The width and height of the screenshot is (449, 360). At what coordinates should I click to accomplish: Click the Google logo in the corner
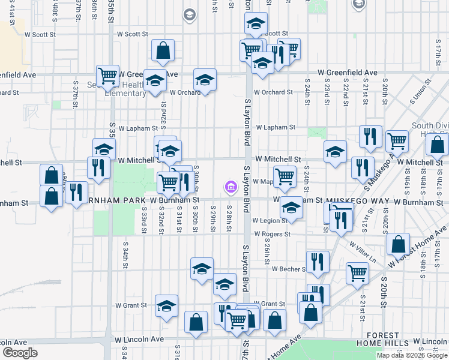[20, 352]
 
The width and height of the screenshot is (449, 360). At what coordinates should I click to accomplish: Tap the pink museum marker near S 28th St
[231, 188]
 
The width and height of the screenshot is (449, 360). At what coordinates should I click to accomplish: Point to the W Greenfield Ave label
[343, 73]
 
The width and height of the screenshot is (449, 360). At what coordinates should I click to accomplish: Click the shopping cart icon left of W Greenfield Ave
[107, 75]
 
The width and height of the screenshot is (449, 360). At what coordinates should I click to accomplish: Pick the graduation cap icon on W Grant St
[166, 305]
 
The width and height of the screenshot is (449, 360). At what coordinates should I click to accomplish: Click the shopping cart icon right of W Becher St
[357, 272]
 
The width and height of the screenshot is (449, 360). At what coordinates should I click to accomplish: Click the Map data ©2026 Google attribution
[412, 355]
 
